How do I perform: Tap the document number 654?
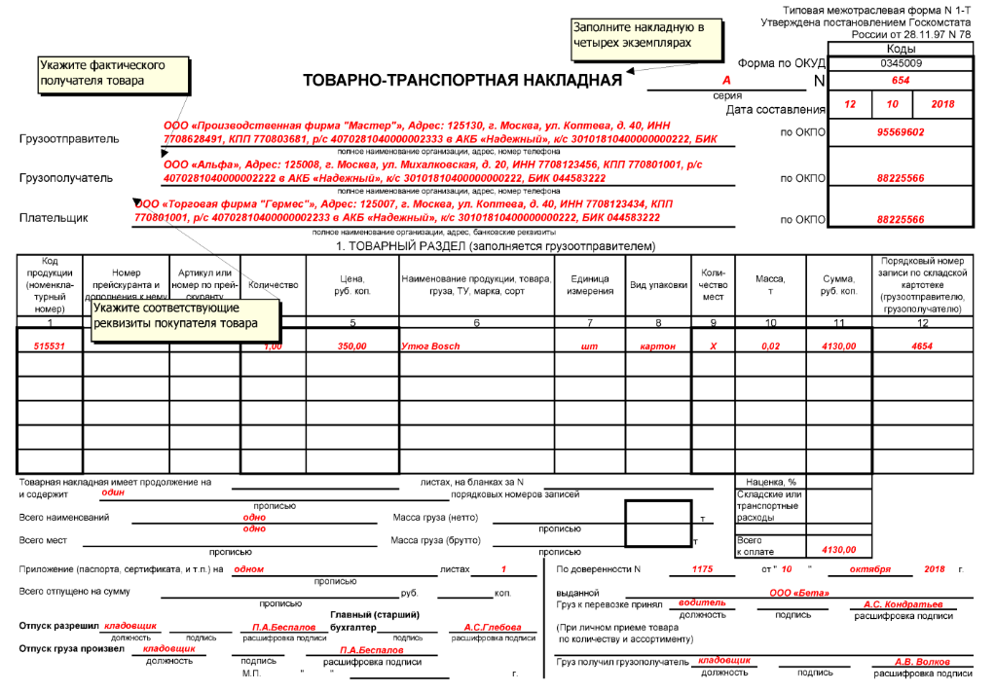coord(901,81)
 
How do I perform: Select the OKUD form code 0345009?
coord(901,62)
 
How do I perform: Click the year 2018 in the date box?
coord(942,104)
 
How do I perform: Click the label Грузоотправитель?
coord(69,139)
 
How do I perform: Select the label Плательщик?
coord(55,218)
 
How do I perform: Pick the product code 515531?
coord(50,346)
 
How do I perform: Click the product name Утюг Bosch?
coord(430,346)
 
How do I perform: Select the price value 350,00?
coord(351,346)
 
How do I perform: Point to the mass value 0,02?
coord(770,346)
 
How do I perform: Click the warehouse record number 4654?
coord(922,346)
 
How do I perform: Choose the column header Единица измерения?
coord(591,285)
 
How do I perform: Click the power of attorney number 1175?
coord(703,568)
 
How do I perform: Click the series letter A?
coord(726,81)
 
